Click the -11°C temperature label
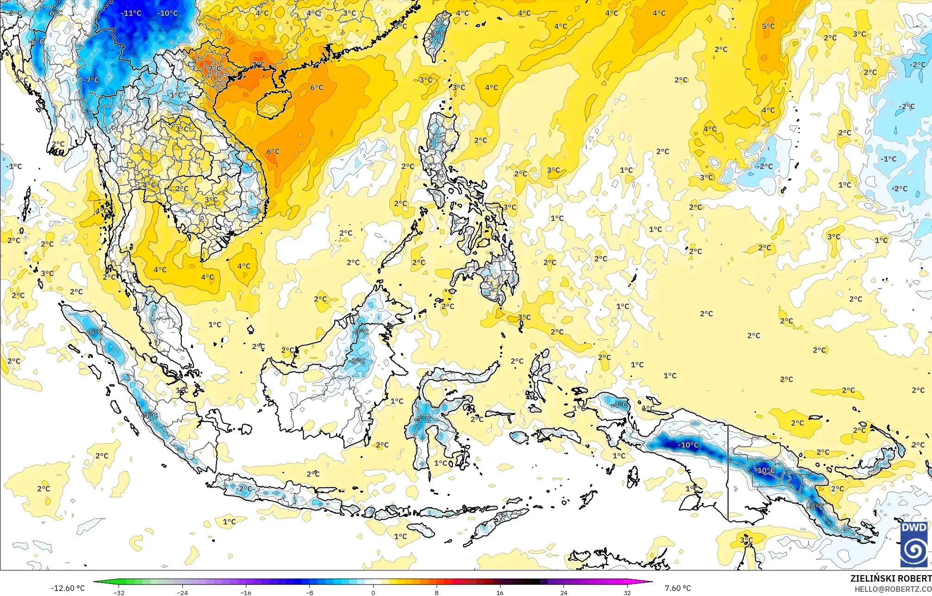click(x=131, y=13)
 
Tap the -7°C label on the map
click(x=91, y=80)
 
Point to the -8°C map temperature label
click(x=816, y=507)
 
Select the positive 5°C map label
click(x=768, y=26)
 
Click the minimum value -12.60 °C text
click(x=68, y=588)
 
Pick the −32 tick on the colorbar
click(x=119, y=592)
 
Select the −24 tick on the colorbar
click(x=183, y=592)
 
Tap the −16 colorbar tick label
click(x=246, y=592)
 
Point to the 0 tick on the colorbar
click(x=373, y=592)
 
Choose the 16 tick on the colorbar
click(x=500, y=592)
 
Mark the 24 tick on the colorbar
click(x=563, y=592)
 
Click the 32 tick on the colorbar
click(x=627, y=592)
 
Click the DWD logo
click(x=914, y=544)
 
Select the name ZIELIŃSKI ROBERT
click(x=891, y=578)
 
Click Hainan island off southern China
click(x=273, y=104)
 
